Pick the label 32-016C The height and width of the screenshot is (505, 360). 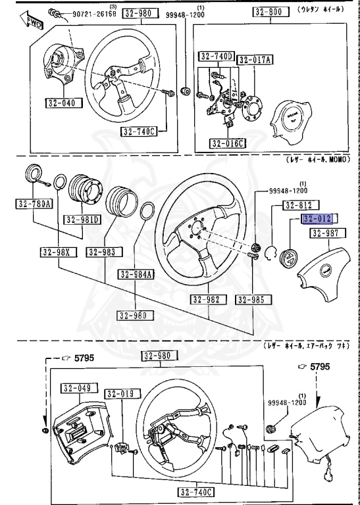coord(227,143)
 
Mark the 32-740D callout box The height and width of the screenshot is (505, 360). coord(216,57)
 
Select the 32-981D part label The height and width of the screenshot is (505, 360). coord(81,219)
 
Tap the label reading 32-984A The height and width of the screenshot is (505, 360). coord(135,274)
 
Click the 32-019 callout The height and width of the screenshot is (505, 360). coord(120,393)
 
